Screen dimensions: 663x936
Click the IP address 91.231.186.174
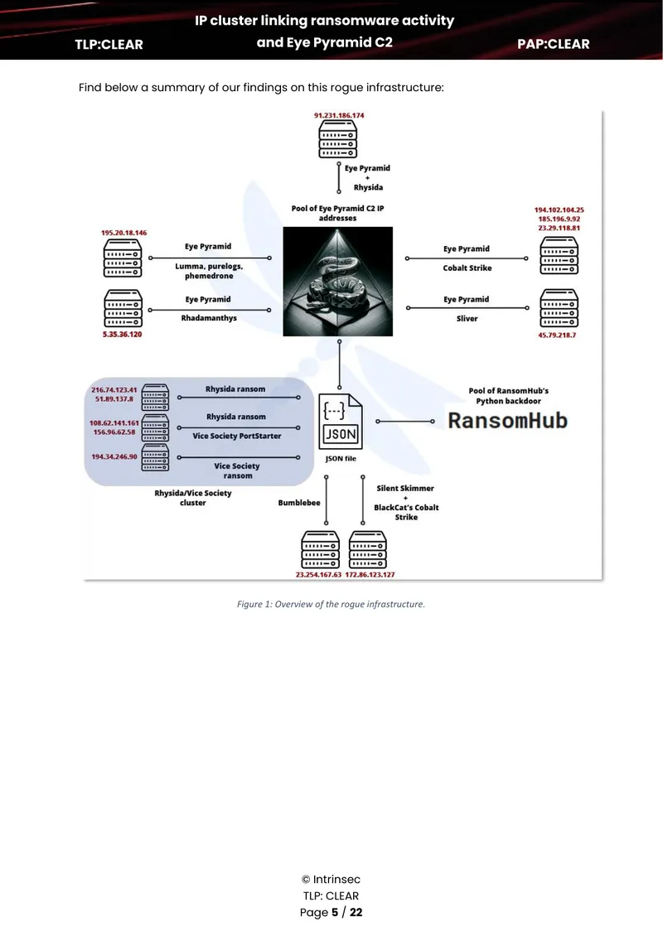coord(339,115)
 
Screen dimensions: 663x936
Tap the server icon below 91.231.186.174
coord(337,139)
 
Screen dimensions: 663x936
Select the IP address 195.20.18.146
coord(123,233)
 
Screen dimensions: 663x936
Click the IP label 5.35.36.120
coord(122,335)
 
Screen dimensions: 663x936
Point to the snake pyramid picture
coord(337,281)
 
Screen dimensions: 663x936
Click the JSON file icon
coord(341,422)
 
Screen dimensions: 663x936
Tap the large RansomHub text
coord(508,420)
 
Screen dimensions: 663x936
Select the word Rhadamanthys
coord(209,318)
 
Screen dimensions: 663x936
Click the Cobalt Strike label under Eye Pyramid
coord(467,268)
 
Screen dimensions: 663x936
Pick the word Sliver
coord(467,319)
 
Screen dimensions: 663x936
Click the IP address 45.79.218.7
coord(557,335)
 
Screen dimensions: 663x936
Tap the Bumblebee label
coord(299,503)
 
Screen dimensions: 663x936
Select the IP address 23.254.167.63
coord(318,574)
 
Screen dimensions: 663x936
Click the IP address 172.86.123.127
coord(370,574)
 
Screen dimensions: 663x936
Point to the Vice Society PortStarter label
coord(236,436)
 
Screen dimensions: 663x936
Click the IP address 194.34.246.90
coord(114,456)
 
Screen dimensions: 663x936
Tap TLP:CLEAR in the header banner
coord(109,44)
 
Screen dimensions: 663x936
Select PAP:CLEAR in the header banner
coord(553,44)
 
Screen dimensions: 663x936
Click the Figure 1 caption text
coord(331,604)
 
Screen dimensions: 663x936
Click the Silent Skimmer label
coord(405,489)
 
